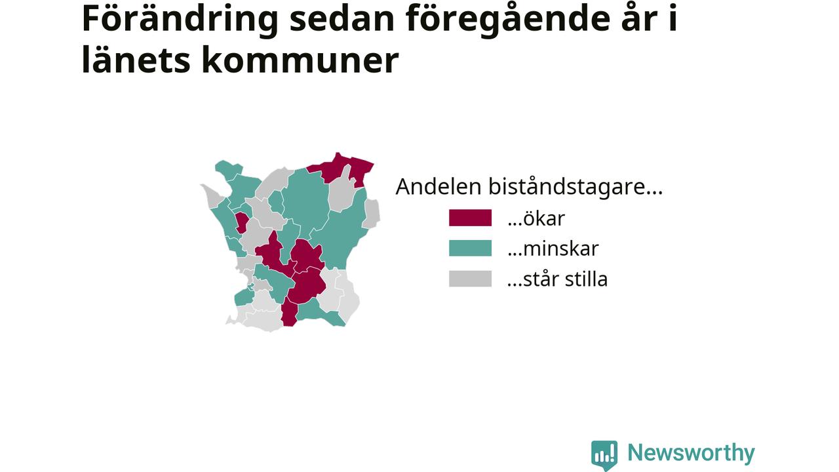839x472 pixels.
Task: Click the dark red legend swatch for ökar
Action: [470, 218]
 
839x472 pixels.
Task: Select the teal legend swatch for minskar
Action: [470, 248]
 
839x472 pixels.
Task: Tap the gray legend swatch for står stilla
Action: [470, 279]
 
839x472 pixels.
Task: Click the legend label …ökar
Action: [536, 218]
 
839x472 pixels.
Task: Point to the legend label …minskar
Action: [553, 248]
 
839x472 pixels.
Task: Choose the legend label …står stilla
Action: [557, 279]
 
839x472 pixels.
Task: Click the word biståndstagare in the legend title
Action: [576, 187]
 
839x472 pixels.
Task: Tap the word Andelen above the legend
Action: [439, 187]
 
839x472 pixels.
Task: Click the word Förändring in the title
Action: [180, 20]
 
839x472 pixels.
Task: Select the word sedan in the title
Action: [342, 20]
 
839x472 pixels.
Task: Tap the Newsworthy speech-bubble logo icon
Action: [604, 455]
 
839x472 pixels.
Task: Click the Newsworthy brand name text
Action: [691, 453]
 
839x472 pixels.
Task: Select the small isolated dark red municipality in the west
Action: [241, 222]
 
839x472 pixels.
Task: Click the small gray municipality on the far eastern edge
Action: [371, 214]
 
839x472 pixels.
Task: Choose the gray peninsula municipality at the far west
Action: [213, 195]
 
